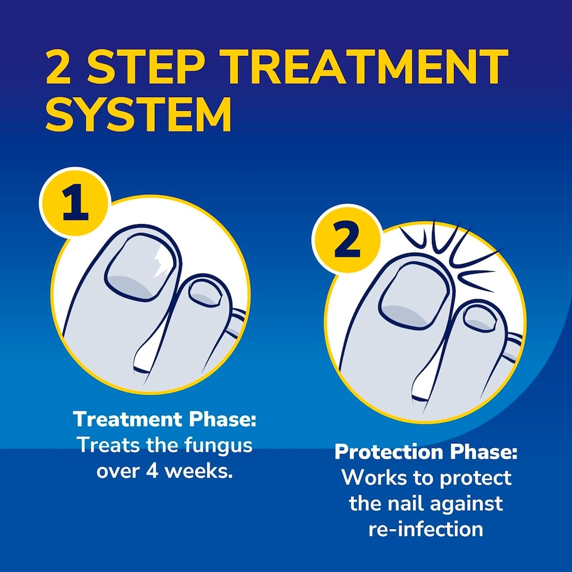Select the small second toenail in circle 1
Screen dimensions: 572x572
(206, 294)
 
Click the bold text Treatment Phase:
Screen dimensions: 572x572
(164, 419)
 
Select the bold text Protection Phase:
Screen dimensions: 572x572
(426, 452)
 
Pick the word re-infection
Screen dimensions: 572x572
(426, 529)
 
